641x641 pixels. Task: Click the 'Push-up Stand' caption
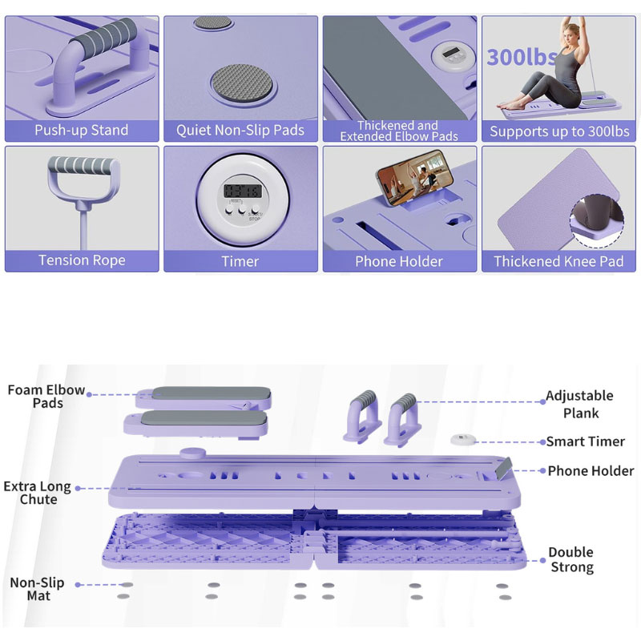[82, 131]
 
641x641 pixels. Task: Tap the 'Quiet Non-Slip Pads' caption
[240, 131]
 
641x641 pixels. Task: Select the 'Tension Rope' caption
[82, 260]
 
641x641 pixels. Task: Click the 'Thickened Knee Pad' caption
[558, 261]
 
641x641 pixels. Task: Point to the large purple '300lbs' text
[522, 57]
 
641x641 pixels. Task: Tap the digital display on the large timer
[243, 191]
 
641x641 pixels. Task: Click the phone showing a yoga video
[415, 177]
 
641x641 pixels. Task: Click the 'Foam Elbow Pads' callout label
[46, 396]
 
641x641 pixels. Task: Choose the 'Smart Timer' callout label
[586, 441]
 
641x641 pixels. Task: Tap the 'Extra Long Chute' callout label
[38, 493]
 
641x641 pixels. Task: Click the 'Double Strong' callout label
[571, 559]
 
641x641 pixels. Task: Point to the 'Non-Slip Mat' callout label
[37, 589]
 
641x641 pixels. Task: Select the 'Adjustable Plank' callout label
[580, 404]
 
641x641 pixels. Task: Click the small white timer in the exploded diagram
[463, 439]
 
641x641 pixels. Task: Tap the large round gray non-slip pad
[242, 83]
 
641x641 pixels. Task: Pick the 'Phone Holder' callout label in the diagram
[591, 471]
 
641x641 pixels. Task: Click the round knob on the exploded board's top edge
[192, 454]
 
